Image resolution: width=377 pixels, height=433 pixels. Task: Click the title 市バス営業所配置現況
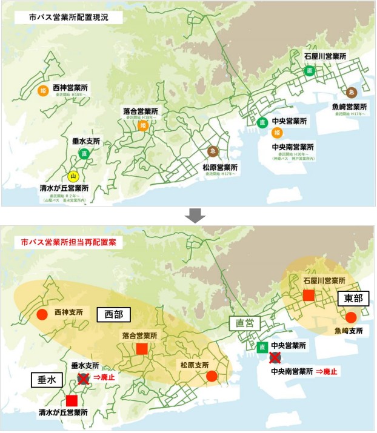point(68,18)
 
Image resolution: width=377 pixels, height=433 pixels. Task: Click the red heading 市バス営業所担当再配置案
point(67,242)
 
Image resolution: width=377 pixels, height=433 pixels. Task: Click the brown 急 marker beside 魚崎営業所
point(351,92)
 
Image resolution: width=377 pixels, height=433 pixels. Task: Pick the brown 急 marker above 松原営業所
point(213,151)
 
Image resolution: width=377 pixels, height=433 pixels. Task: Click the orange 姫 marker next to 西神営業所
point(43,91)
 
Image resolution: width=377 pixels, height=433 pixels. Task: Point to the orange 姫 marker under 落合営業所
point(143,125)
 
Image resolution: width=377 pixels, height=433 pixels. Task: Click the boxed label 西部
point(114,315)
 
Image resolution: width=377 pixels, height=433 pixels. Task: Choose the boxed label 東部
point(353,298)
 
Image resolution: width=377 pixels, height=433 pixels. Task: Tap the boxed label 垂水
point(46,380)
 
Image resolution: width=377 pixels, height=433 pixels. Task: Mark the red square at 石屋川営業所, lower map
point(309,295)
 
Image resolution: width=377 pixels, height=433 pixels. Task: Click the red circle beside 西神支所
point(42,315)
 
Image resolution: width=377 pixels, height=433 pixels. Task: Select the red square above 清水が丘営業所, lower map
point(72,400)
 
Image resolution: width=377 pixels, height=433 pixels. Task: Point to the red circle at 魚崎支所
point(351,317)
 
